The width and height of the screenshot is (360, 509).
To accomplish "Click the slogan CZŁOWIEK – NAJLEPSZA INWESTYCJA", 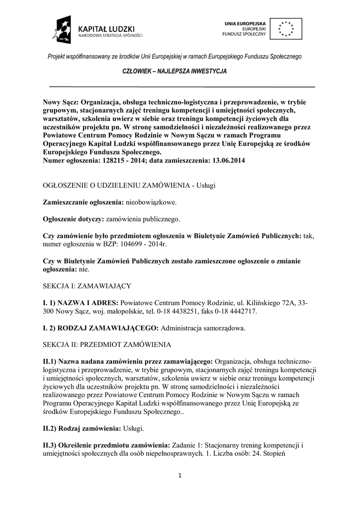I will click(175, 72).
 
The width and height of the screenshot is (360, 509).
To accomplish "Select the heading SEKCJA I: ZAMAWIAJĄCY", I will click(87, 286).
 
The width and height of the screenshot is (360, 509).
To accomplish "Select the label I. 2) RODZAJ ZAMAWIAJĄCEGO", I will click(101, 328).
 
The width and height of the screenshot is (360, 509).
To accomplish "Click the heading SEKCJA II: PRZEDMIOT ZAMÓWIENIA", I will click(107, 344).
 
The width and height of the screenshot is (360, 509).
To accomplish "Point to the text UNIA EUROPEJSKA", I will click(245, 23).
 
